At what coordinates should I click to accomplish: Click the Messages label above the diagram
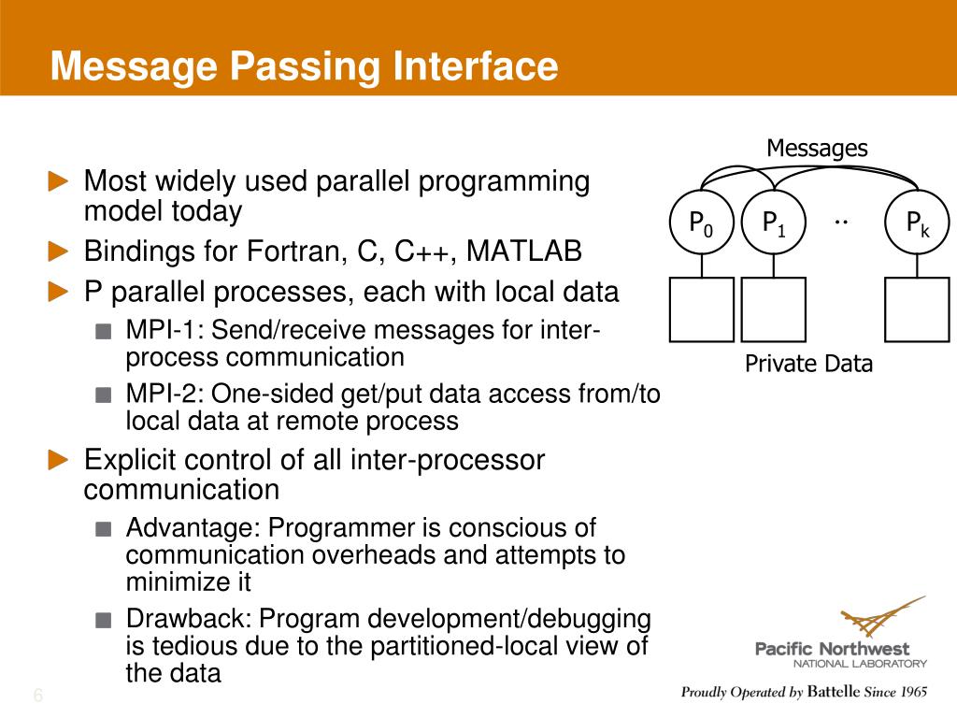(x=817, y=149)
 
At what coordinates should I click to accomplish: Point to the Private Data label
(x=808, y=364)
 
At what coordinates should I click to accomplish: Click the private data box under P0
(x=702, y=309)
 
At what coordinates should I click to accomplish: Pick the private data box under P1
(x=773, y=309)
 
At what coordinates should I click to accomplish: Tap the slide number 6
(x=38, y=696)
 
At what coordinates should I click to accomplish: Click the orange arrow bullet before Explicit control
(x=59, y=459)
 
